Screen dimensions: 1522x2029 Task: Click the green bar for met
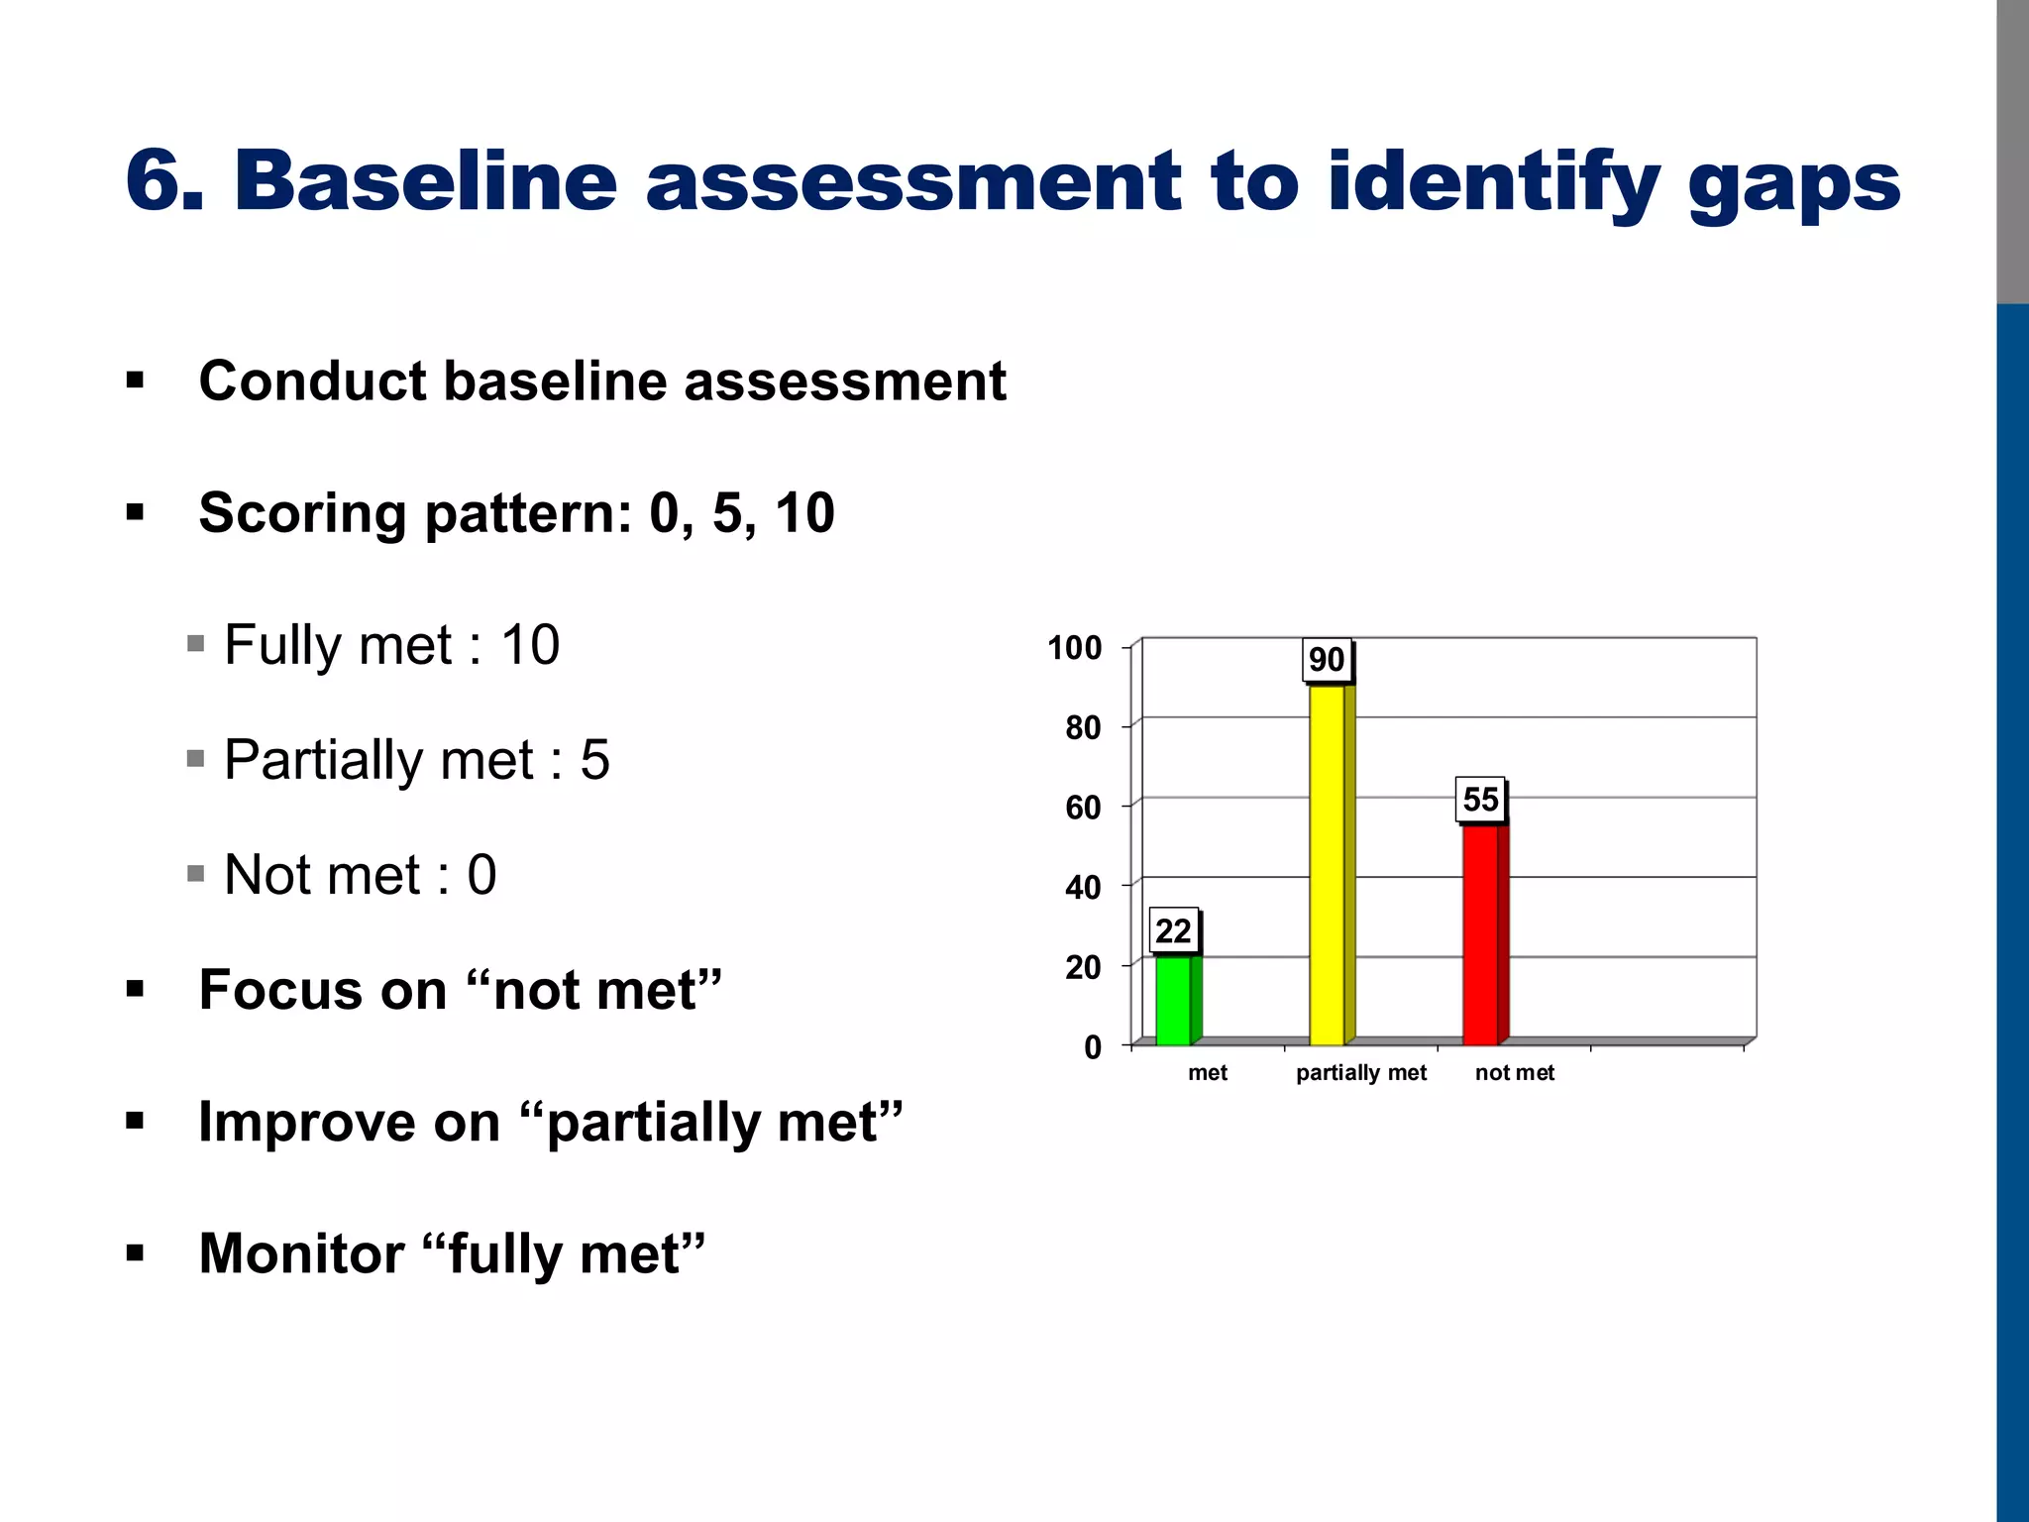click(x=1174, y=999)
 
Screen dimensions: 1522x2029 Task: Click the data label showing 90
click(x=1327, y=660)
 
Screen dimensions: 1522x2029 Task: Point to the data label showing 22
click(x=1174, y=931)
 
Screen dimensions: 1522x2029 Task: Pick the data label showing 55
click(x=1481, y=800)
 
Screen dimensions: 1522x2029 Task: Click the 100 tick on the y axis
click(x=1075, y=648)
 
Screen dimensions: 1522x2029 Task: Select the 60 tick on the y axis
click(x=1083, y=808)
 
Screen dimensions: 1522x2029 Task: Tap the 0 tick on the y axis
click(x=1093, y=1047)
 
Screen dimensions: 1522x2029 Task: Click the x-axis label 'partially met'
click(x=1361, y=1073)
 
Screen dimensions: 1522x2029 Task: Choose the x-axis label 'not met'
click(x=1514, y=1073)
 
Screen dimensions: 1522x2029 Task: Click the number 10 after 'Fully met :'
click(x=530, y=645)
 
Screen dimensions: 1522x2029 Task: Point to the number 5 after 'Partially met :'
click(x=595, y=760)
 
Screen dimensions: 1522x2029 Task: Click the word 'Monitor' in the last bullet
click(x=301, y=1253)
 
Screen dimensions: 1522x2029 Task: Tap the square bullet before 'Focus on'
click(x=136, y=989)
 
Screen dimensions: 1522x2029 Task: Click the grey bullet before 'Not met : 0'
click(x=195, y=874)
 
